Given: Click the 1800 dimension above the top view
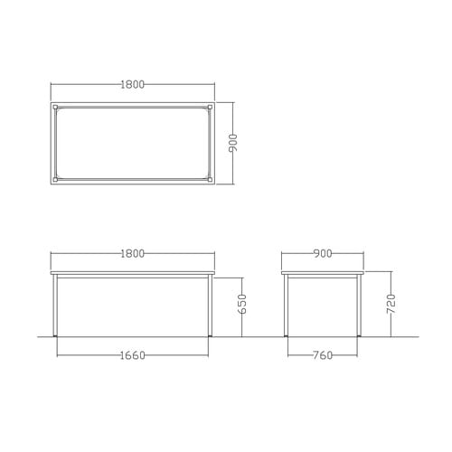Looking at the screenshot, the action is (x=133, y=85).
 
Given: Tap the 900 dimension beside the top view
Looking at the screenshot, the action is (x=233, y=143).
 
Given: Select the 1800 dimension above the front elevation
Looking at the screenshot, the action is (x=133, y=254).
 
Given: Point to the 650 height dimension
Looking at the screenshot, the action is (x=242, y=304).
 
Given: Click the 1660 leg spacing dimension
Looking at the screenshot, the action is (x=133, y=355).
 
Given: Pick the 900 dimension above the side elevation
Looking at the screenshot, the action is (x=323, y=254).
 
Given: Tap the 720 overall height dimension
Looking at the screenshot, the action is (x=391, y=304).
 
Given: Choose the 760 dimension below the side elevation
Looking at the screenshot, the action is (x=323, y=355).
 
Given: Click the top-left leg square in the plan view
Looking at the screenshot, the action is (x=55, y=107).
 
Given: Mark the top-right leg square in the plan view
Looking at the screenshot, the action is (x=210, y=107).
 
